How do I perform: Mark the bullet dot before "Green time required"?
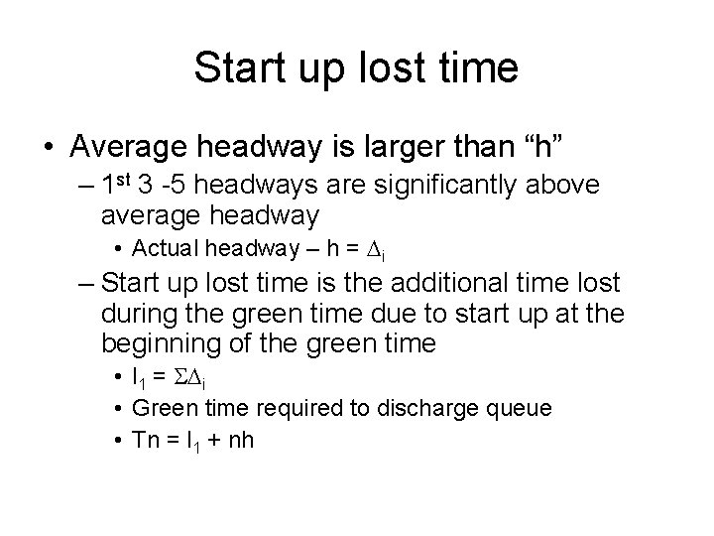pos(118,408)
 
